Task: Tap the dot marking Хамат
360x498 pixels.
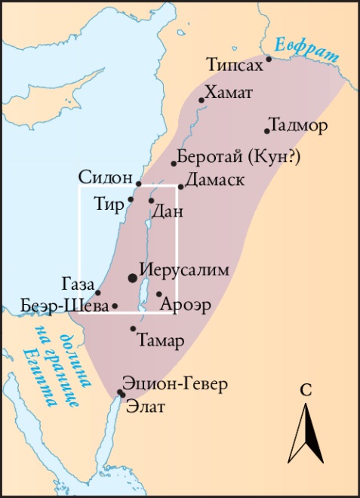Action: coord(202,100)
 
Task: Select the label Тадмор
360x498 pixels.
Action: coord(298,125)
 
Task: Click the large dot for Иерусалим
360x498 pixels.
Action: coord(133,278)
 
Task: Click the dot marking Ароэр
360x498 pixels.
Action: coord(159,294)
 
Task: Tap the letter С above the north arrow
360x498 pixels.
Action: coord(306,390)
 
